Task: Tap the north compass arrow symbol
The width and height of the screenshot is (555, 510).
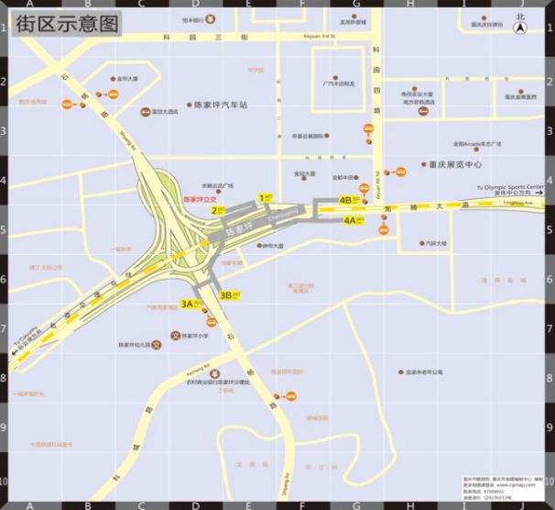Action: click(x=521, y=28)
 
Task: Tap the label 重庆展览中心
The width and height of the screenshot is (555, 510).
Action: click(x=455, y=165)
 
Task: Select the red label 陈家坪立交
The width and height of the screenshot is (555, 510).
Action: click(x=200, y=198)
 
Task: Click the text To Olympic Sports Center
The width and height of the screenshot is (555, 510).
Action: click(x=510, y=186)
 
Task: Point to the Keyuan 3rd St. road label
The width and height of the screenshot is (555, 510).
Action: click(x=320, y=36)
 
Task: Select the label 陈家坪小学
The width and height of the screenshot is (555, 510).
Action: click(x=193, y=336)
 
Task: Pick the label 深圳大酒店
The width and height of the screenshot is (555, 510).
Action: click(x=165, y=112)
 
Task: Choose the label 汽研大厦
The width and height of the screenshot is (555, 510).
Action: click(x=436, y=243)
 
